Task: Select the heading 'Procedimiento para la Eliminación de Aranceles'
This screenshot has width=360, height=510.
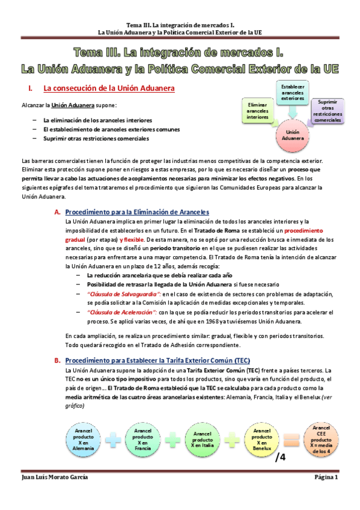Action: (x=136, y=212)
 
